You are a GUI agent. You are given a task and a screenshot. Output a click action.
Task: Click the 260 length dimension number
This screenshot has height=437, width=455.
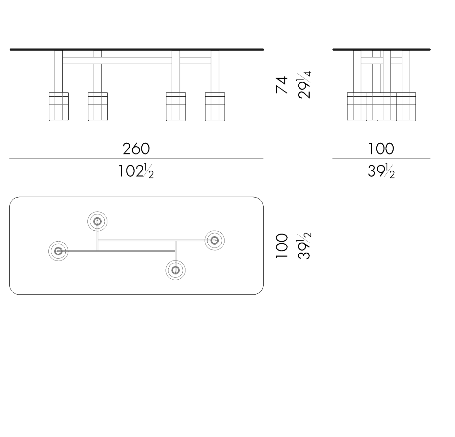[136, 149]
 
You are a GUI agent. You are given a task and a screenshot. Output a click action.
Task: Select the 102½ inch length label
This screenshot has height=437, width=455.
[136, 171]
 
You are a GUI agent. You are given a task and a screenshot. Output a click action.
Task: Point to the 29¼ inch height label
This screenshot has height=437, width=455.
[305, 85]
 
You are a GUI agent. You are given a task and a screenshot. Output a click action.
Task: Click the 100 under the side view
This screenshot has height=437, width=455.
[381, 149]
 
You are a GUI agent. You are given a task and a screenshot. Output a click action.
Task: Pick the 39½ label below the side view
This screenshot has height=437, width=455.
[381, 171]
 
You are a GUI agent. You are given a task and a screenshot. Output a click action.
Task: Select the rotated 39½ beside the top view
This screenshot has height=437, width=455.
[305, 246]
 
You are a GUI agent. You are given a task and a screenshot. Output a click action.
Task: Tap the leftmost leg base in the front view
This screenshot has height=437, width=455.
[59, 107]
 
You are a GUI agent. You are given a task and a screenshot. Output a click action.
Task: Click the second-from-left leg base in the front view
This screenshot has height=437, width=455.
[98, 107]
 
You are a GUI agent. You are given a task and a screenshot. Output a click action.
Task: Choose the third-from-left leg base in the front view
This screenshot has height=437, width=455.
[176, 107]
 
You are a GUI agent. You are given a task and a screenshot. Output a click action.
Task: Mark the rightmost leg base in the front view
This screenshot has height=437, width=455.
[215, 107]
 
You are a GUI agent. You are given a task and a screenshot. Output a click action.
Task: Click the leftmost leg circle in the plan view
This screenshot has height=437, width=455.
[58, 251]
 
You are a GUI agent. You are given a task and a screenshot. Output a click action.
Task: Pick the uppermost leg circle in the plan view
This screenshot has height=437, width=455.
[97, 221]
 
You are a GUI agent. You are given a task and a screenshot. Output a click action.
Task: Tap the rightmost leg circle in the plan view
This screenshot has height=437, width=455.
[214, 240]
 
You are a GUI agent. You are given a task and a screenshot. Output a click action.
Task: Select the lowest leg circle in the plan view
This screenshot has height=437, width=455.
[175, 270]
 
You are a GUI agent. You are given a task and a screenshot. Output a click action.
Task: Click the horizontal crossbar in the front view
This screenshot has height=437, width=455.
[136, 61]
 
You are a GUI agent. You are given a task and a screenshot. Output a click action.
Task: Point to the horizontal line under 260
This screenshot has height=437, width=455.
[136, 159]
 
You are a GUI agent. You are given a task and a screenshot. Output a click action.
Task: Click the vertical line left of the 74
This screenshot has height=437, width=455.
[292, 85]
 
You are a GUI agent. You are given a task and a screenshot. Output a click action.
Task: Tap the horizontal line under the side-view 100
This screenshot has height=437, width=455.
[381, 159]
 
